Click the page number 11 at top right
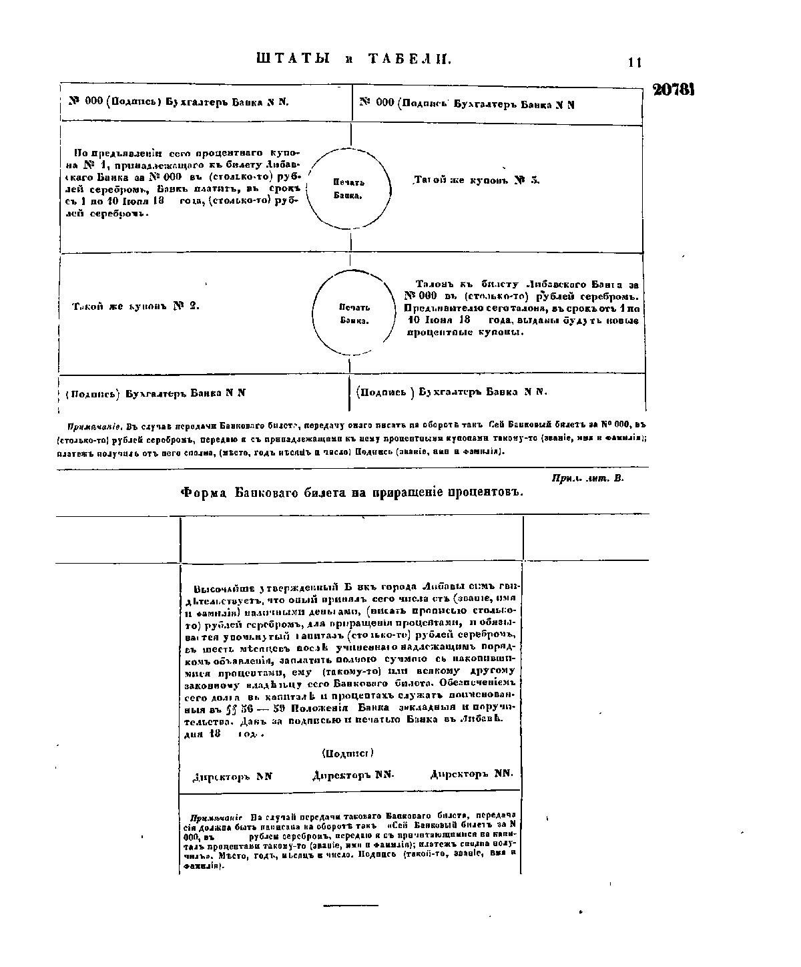point(634,63)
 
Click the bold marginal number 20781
point(674,90)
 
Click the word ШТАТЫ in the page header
point(294,59)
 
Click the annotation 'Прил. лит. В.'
point(588,478)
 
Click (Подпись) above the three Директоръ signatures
point(347,753)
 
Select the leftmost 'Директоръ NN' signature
point(232,777)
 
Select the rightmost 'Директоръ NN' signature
point(472,774)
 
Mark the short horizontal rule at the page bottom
point(350,906)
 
